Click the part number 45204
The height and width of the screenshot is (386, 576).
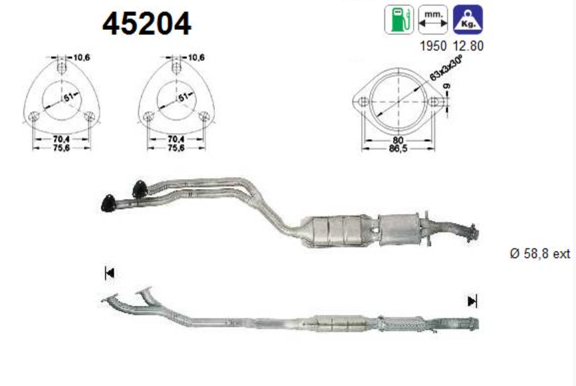coord(146,24)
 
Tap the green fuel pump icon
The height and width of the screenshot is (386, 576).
coord(398,20)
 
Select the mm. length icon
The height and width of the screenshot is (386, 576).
coord(433,20)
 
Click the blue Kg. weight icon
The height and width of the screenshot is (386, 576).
coord(468,20)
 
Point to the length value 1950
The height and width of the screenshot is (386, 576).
coord(433,47)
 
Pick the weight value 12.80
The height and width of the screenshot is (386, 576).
coord(468,47)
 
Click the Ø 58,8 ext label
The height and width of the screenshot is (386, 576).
coord(540,254)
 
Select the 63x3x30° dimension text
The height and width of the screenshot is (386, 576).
coord(446,68)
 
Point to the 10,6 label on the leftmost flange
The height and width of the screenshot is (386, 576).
coord(81,58)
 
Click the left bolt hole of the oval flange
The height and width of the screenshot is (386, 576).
coord(362,102)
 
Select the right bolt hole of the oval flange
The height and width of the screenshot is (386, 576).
coord(434,102)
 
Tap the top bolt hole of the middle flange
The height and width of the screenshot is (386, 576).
coord(176,67)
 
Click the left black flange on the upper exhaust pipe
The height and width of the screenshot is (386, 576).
coord(108,203)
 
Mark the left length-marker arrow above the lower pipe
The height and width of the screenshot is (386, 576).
coord(110,272)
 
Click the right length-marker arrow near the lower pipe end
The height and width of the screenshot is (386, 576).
coord(472,301)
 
